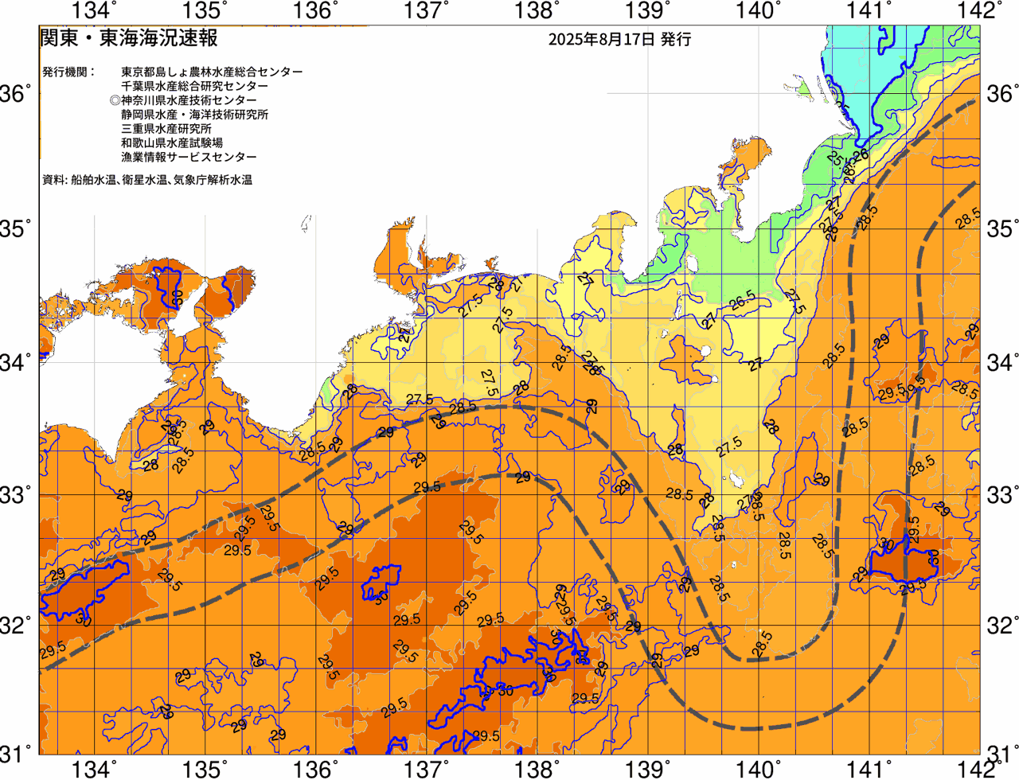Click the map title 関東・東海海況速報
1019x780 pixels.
pos(128,37)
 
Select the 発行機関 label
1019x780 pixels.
pos(68,72)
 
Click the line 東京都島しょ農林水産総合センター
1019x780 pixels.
pos(212,72)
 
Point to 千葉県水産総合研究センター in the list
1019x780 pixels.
pos(194,86)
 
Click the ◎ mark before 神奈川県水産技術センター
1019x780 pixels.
pos(115,100)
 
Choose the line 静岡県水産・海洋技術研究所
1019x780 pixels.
pos(194,115)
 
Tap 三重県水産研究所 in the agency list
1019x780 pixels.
pos(166,129)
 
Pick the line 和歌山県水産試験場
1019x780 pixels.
pos(172,143)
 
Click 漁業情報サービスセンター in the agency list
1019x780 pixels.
pos(189,158)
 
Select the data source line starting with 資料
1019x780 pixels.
pos(147,180)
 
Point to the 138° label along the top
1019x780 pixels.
pos(535,10)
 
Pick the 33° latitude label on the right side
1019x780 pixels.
pos(1001,495)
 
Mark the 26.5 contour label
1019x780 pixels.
pos(742,301)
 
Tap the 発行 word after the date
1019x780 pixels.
pos(676,39)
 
